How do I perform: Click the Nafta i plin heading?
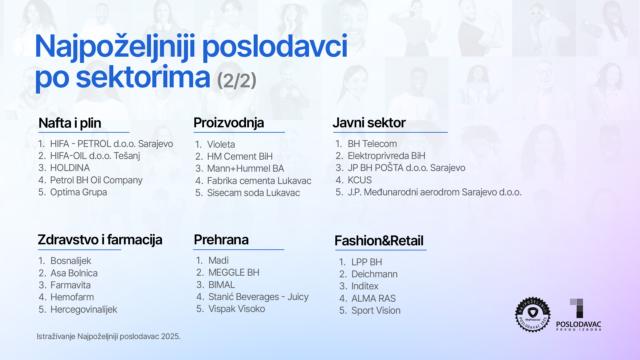[x=70, y=123]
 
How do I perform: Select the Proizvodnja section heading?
[x=229, y=123]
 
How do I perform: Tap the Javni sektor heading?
[x=369, y=123]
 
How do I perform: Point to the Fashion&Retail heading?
[x=379, y=241]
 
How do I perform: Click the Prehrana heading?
[x=221, y=240]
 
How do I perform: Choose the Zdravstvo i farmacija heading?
[x=100, y=240]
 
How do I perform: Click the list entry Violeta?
[x=221, y=144]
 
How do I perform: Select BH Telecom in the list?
[x=372, y=144]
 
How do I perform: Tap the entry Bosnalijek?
[x=71, y=261]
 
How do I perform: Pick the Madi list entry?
[x=219, y=260]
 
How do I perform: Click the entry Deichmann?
[x=374, y=274]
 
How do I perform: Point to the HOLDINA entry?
[x=70, y=168]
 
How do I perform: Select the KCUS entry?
[x=360, y=180]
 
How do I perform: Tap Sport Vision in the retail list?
[x=376, y=310]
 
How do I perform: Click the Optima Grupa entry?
[x=78, y=192]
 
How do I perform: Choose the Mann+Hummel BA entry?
[x=246, y=168]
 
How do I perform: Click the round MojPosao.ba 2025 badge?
[x=533, y=314]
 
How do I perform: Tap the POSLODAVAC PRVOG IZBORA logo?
[x=579, y=315]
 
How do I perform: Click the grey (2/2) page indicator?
[x=237, y=80]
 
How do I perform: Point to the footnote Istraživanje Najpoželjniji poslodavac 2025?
[x=109, y=336]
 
